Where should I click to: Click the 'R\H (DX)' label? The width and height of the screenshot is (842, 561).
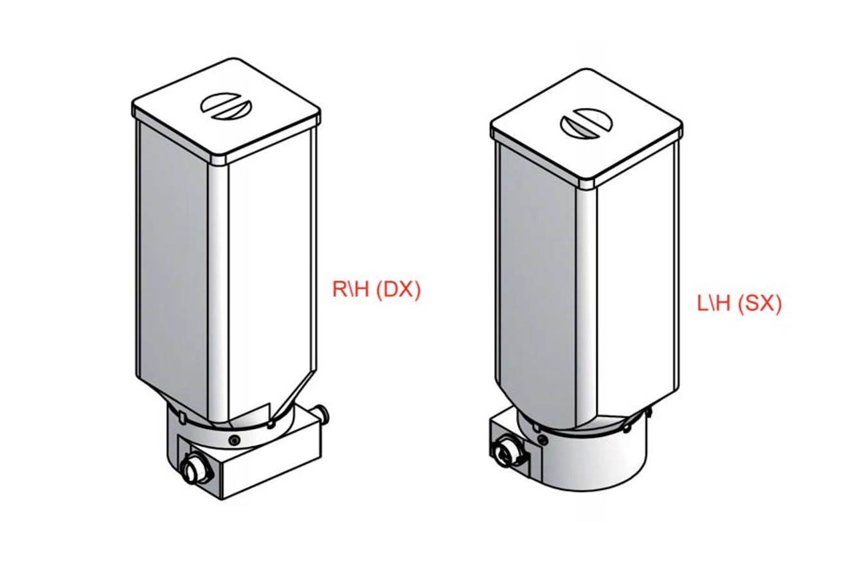[x=376, y=289]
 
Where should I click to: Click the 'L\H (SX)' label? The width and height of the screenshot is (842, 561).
[x=739, y=303]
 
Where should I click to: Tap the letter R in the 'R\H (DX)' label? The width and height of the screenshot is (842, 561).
[x=340, y=289]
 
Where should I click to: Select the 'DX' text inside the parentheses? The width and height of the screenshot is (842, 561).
[x=398, y=289]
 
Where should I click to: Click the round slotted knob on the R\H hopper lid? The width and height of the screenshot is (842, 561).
[x=226, y=106]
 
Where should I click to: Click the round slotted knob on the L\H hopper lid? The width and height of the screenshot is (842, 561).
[x=586, y=123]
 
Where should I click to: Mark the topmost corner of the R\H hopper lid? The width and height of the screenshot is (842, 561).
[x=234, y=58]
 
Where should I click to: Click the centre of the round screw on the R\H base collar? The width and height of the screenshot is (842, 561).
[x=235, y=440]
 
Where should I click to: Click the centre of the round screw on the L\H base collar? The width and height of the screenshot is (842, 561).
[x=542, y=438]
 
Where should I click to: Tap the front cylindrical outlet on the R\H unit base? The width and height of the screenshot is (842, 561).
[x=194, y=470]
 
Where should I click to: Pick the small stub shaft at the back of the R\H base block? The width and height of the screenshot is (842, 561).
[x=323, y=414]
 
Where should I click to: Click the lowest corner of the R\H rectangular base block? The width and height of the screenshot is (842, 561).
[x=222, y=499]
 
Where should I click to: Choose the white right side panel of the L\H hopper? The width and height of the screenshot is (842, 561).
[x=636, y=278]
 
